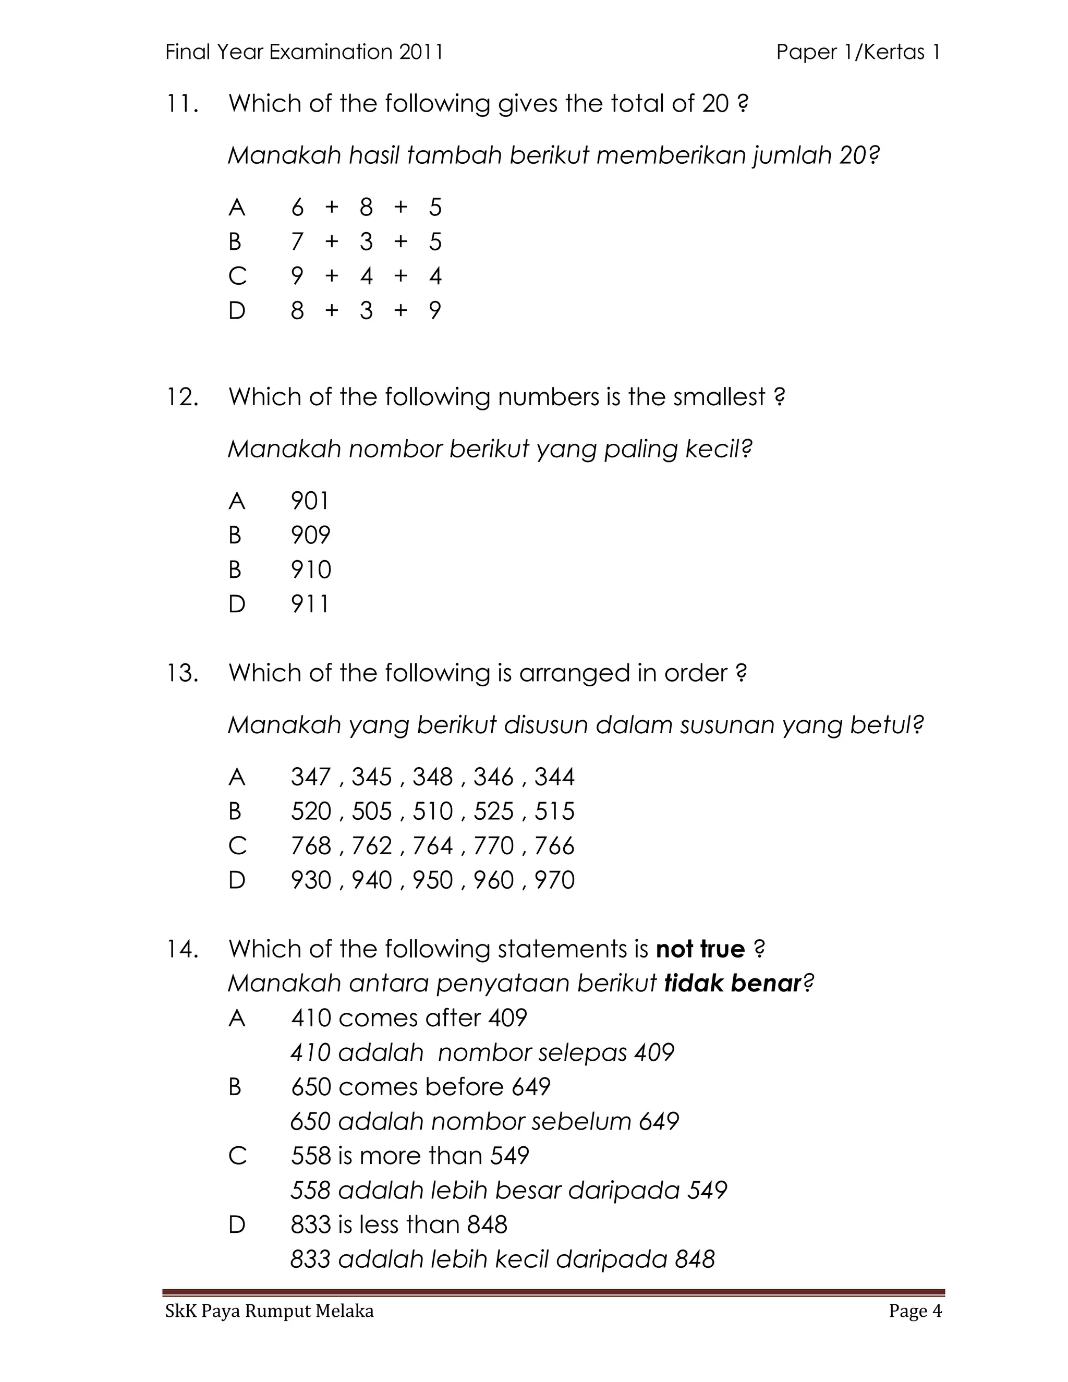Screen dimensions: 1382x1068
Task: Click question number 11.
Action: coord(181,104)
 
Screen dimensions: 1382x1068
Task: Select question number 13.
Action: coord(182,673)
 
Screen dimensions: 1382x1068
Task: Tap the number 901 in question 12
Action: coord(310,501)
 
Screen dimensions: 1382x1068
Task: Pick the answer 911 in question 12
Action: coord(310,604)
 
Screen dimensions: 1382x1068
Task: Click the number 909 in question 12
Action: coord(310,536)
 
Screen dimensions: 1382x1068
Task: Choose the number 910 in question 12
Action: coord(311,570)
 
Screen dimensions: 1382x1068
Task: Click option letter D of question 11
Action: coord(237,311)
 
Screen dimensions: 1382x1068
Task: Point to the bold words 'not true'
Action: coord(700,949)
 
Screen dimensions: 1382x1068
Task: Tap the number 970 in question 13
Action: coord(554,880)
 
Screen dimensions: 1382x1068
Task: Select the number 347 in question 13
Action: coord(311,777)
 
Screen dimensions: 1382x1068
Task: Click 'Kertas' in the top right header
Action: coord(894,52)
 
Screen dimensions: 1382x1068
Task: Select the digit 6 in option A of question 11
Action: coord(297,208)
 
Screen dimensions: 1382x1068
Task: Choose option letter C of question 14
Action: coord(237,1156)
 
